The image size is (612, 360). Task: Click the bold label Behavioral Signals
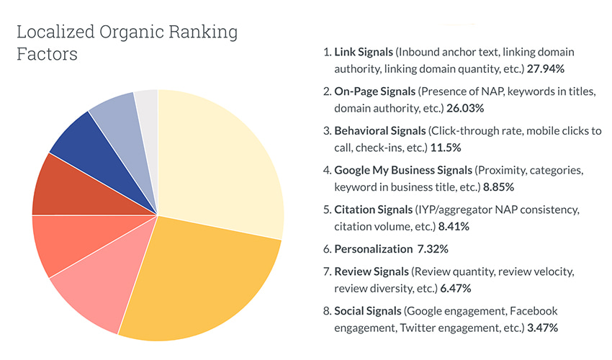click(379, 131)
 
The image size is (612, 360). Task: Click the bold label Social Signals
click(367, 311)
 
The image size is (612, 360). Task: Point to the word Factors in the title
click(47, 55)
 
